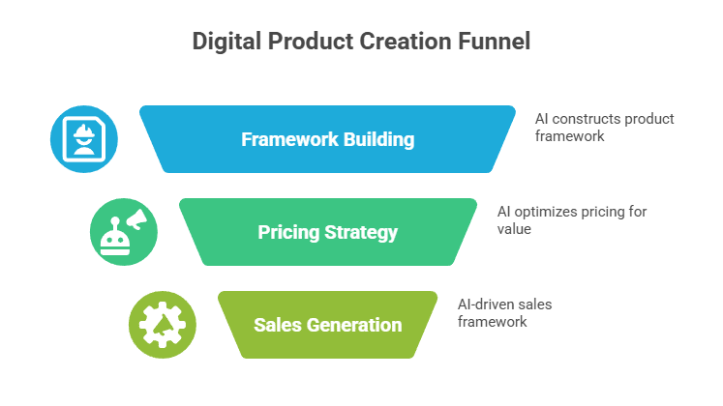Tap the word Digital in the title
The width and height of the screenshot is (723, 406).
(x=224, y=42)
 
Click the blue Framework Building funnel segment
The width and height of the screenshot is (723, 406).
(x=327, y=139)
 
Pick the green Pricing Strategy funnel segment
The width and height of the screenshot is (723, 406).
(x=327, y=232)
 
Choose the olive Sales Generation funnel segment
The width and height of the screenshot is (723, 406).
(x=327, y=324)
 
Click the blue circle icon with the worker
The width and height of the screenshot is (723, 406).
(x=84, y=139)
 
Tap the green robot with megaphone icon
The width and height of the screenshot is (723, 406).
(x=123, y=232)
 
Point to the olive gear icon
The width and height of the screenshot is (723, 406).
(x=162, y=324)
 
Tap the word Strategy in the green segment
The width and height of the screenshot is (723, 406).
(x=363, y=232)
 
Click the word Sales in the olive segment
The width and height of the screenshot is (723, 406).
(x=276, y=324)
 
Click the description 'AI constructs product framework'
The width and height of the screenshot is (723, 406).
(x=604, y=128)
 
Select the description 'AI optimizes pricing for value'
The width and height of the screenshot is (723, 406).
(x=571, y=219)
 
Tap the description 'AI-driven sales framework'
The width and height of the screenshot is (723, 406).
(x=504, y=312)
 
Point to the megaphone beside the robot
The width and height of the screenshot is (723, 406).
(x=136, y=221)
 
